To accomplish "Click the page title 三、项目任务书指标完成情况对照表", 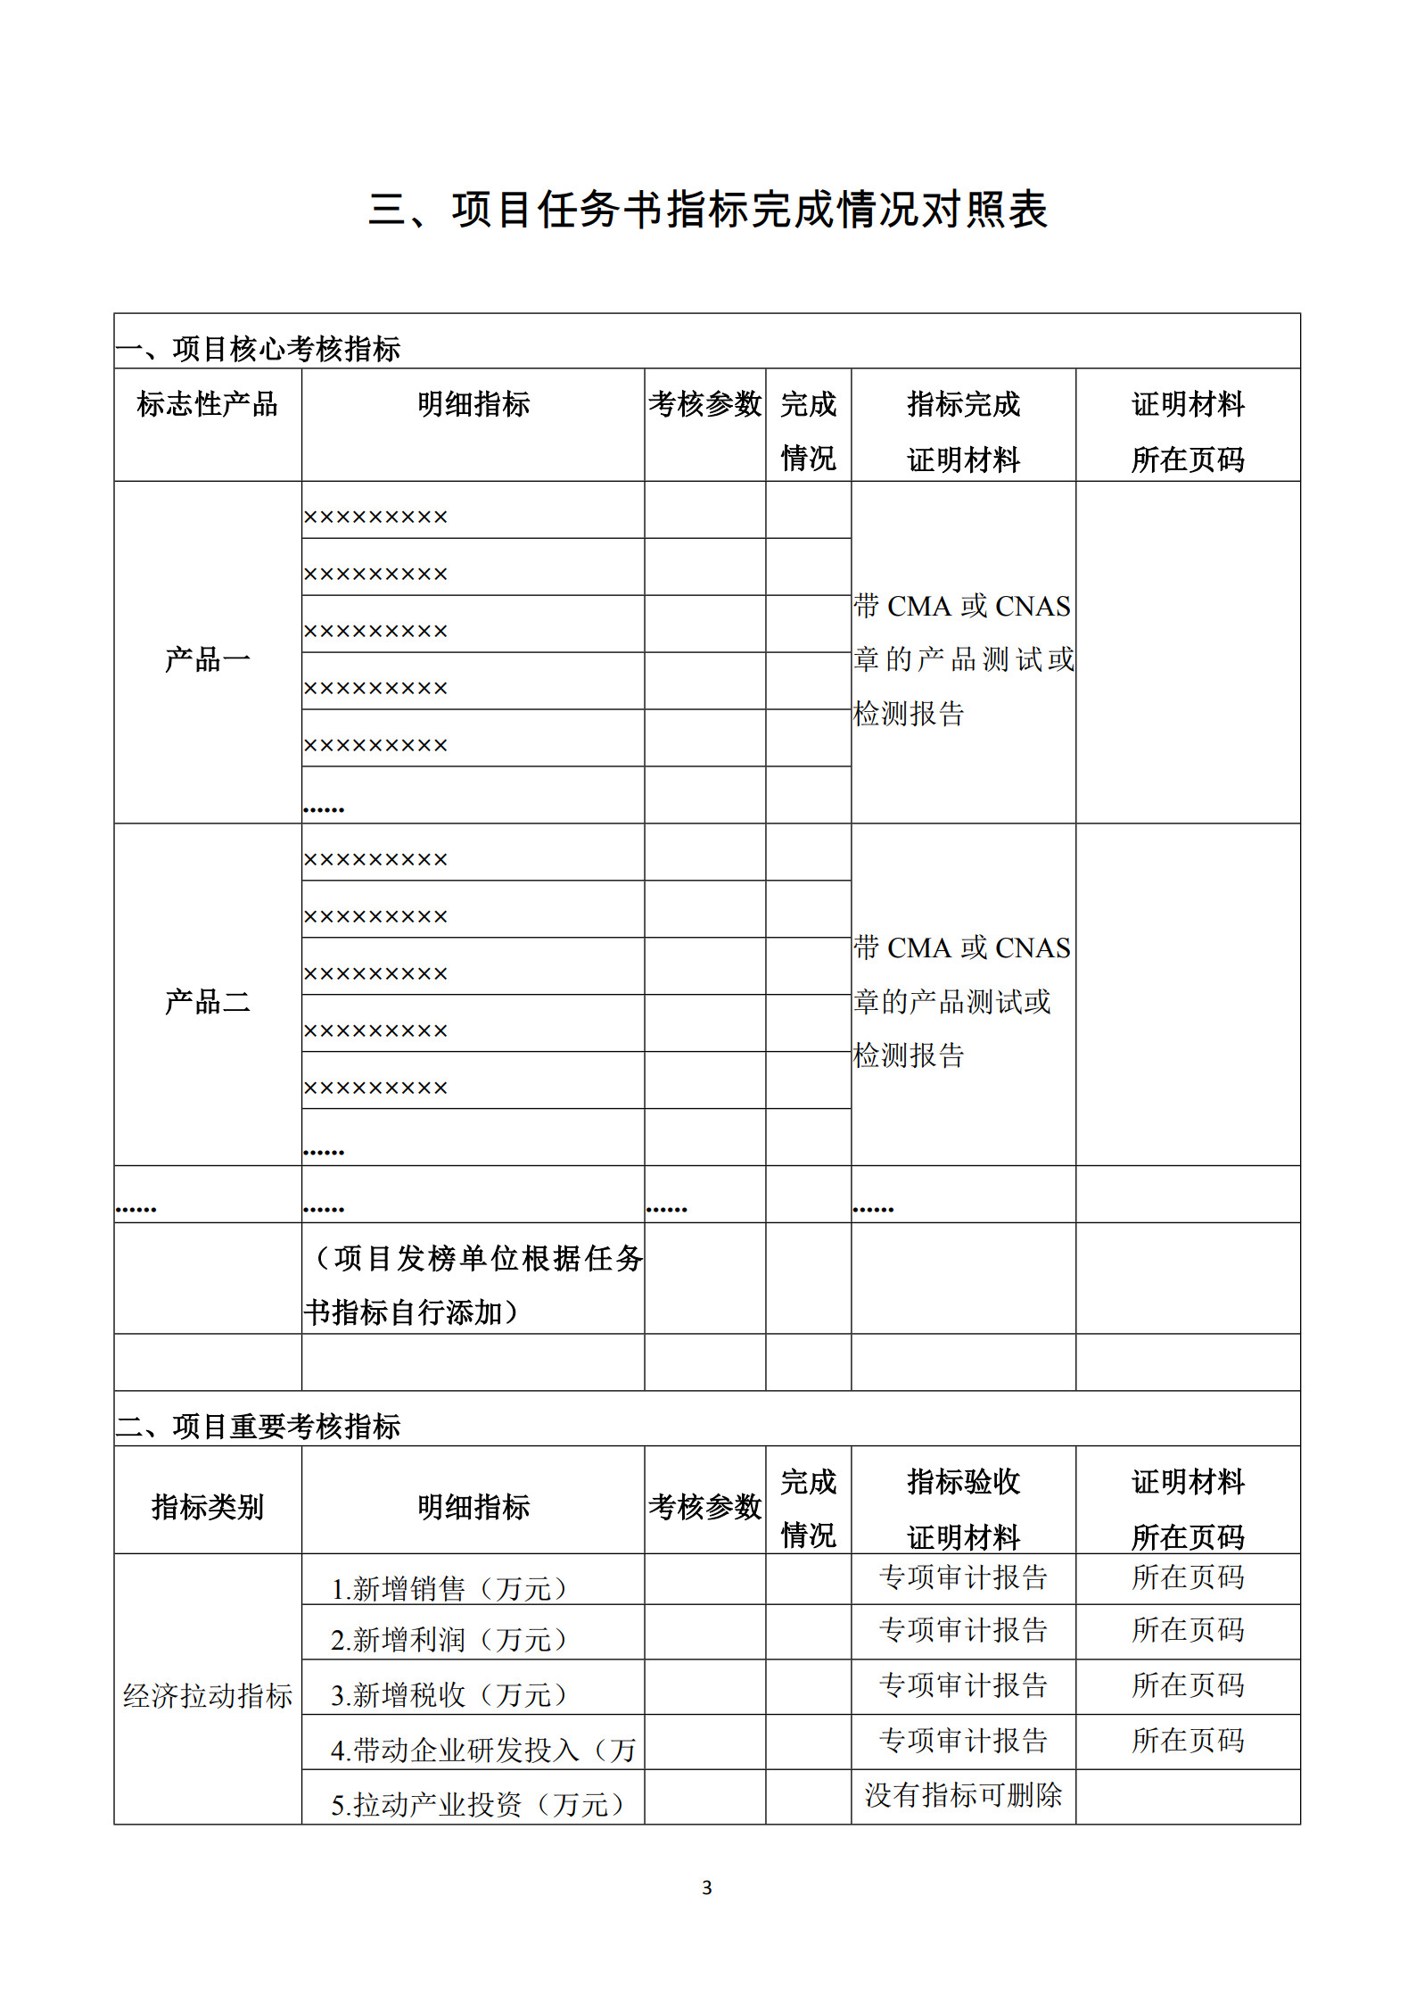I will pyautogui.click(x=707, y=211).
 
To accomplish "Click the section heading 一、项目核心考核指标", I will pyautogui.click(x=259, y=349).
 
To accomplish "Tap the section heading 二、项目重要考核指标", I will pyautogui.click(x=259, y=1426).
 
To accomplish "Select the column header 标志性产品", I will pyautogui.click(x=208, y=405).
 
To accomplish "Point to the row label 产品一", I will pyautogui.click(x=208, y=659).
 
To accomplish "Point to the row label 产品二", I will pyautogui.click(x=208, y=1001).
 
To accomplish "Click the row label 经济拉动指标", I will pyautogui.click(x=208, y=1695).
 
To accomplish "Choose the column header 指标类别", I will pyautogui.click(x=208, y=1507).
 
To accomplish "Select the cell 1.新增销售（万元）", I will pyautogui.click(x=449, y=1588).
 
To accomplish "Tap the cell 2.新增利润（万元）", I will pyautogui.click(x=449, y=1639).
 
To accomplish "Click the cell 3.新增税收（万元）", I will pyautogui.click(x=449, y=1694).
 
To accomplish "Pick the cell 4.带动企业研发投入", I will pyautogui.click(x=482, y=1750).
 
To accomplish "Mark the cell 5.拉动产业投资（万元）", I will pyautogui.click(x=478, y=1804).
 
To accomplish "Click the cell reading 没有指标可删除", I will pyautogui.click(x=963, y=1794).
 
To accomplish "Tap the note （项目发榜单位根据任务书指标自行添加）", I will pyautogui.click(x=473, y=1285).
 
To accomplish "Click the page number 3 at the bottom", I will pyautogui.click(x=707, y=1887).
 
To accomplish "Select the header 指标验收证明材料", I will pyautogui.click(x=963, y=1508).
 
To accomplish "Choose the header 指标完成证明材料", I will pyautogui.click(x=963, y=432).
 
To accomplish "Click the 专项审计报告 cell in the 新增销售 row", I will pyautogui.click(x=963, y=1577).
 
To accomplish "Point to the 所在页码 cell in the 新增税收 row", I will pyautogui.click(x=1188, y=1684).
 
